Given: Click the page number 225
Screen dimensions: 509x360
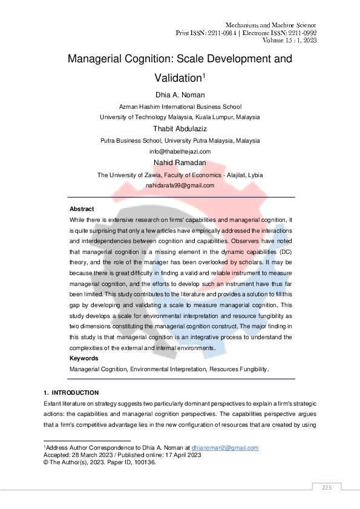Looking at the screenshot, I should (x=327, y=487).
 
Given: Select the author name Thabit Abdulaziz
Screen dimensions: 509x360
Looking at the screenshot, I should (x=180, y=128).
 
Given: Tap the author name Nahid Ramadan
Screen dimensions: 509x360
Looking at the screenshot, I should (x=180, y=163).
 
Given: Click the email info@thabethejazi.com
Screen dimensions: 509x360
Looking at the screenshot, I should (x=180, y=151).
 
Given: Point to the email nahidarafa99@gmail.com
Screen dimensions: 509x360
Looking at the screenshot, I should (x=180, y=186).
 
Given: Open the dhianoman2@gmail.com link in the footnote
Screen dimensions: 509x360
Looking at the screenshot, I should (x=225, y=448).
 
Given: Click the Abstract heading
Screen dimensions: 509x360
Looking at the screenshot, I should (x=82, y=209).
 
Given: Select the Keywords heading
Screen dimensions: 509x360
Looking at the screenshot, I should (x=84, y=358).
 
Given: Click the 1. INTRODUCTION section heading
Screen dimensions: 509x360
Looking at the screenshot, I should (x=76, y=393).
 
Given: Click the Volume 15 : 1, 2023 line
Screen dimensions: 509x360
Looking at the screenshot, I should (x=290, y=41).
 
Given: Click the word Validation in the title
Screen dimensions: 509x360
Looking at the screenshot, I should (x=175, y=78).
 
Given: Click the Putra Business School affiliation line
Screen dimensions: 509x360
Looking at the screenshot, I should (x=180, y=140).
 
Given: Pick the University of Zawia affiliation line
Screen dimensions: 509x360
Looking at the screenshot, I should (x=180, y=175).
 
